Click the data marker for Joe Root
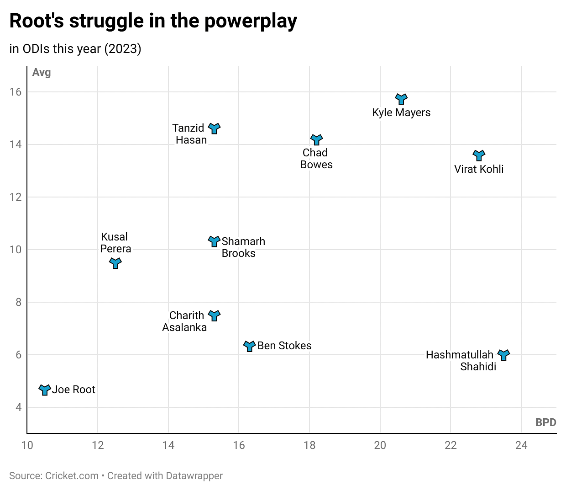pyautogui.click(x=45, y=390)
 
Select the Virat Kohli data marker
pyautogui.click(x=479, y=155)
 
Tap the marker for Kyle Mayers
pyautogui.click(x=401, y=99)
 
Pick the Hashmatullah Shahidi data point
pyautogui.click(x=503, y=355)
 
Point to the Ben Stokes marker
pyautogui.click(x=249, y=346)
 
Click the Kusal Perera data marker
pyautogui.click(x=115, y=263)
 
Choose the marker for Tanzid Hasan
pyautogui.click(x=214, y=128)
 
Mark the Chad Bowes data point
pyautogui.click(x=317, y=139)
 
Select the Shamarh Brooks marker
pyautogui.click(x=214, y=241)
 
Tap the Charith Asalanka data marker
pyautogui.click(x=214, y=315)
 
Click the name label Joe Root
pyautogui.click(x=73, y=390)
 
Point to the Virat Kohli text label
pyautogui.click(x=479, y=169)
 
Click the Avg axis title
pyautogui.click(x=42, y=73)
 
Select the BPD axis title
pyautogui.click(x=545, y=422)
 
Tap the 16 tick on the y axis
pyautogui.click(x=16, y=92)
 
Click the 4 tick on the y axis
pyautogui.click(x=19, y=407)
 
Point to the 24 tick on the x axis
pyautogui.click(x=521, y=445)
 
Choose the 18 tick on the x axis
pyautogui.click(x=309, y=445)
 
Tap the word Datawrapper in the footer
pyautogui.click(x=194, y=476)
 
